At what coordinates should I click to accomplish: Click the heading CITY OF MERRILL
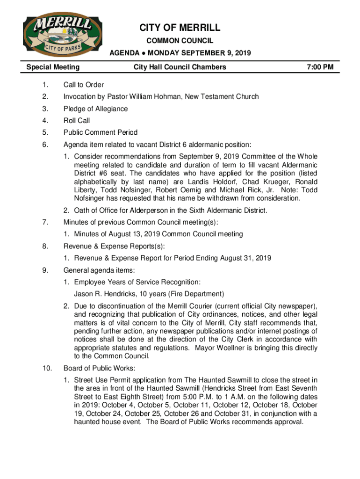point(180,28)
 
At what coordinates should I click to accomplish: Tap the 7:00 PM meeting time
point(320,67)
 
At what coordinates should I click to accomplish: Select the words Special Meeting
point(53,67)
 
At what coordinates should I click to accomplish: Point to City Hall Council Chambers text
point(180,67)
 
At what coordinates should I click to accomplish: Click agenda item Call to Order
point(84,85)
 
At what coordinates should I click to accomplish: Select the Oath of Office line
point(171,210)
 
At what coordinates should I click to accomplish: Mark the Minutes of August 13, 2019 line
point(158,234)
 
